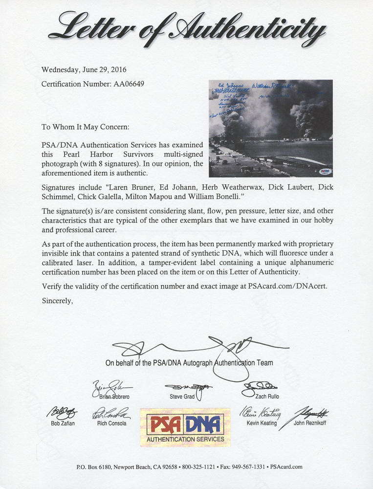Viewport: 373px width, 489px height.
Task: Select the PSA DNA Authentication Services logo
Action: coord(185,426)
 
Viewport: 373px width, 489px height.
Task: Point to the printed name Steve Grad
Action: coord(183,396)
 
